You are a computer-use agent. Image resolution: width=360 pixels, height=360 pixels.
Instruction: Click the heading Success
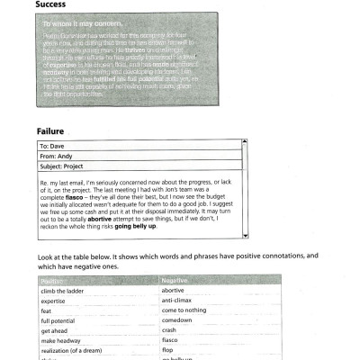tap(52, 5)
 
